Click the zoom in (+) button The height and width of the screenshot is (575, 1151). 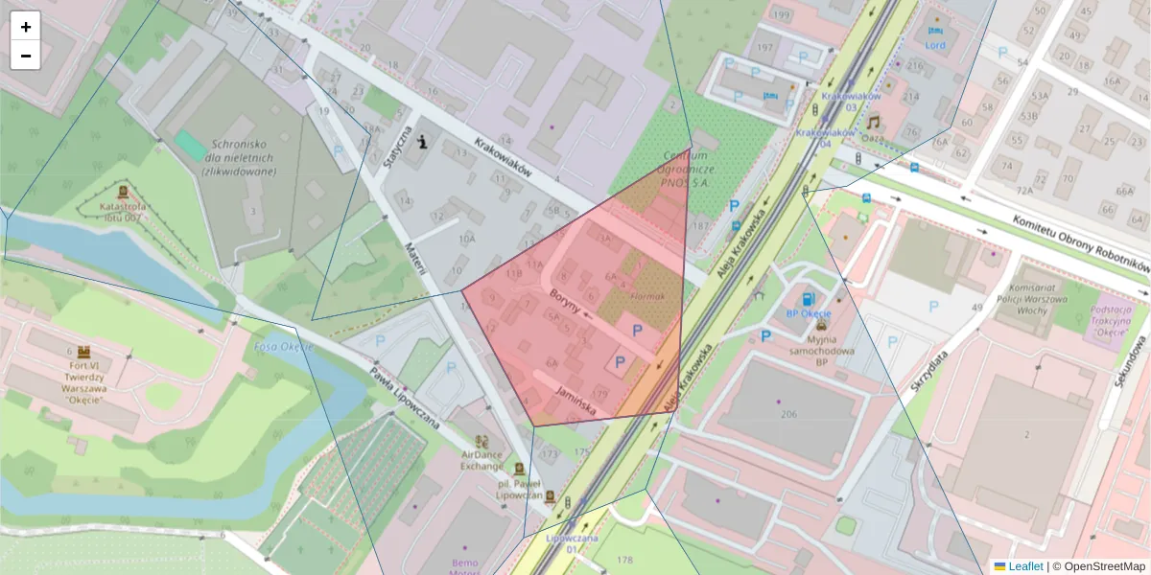pyautogui.click(x=26, y=27)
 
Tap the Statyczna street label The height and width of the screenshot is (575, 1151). pyautogui.click(x=397, y=146)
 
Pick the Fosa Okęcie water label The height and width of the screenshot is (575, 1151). pyautogui.click(x=284, y=347)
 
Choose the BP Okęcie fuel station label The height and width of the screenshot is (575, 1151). pyautogui.click(x=807, y=313)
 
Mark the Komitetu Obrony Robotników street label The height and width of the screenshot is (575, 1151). pyautogui.click(x=1080, y=242)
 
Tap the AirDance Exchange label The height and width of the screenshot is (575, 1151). pyautogui.click(x=482, y=460)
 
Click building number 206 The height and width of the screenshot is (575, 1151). pyautogui.click(x=789, y=413)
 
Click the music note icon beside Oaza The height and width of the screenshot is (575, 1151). pyautogui.click(x=873, y=122)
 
